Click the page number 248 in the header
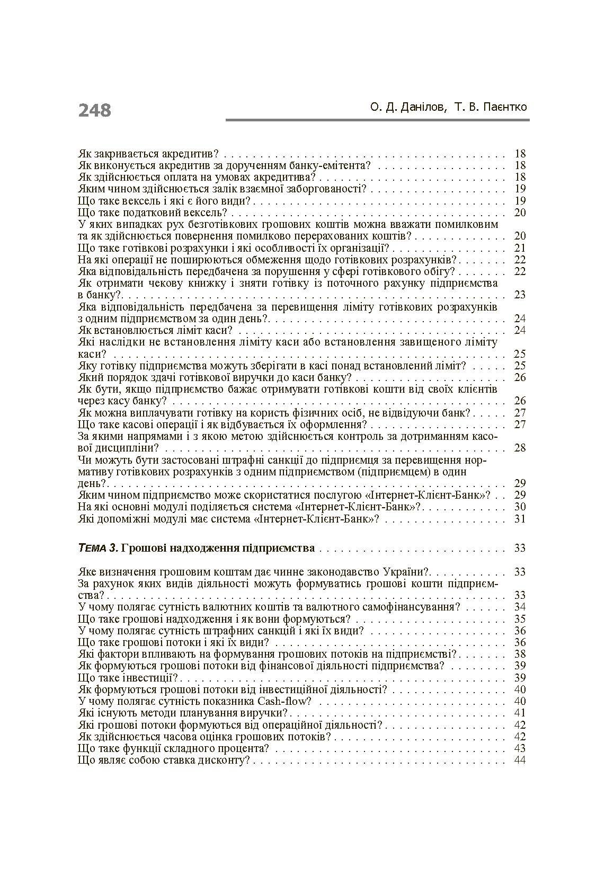[x=95, y=110]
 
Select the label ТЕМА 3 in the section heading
[x=97, y=548]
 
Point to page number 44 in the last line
[x=519, y=760]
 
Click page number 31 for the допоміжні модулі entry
[x=519, y=518]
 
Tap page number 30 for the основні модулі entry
[x=519, y=507]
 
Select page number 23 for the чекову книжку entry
[x=519, y=295]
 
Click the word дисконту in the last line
[x=226, y=760]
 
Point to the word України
[x=403, y=572]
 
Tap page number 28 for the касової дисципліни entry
[x=519, y=448]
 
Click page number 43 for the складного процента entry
[x=519, y=748]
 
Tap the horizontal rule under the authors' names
[x=377, y=120]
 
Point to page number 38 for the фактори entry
[x=519, y=654]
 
